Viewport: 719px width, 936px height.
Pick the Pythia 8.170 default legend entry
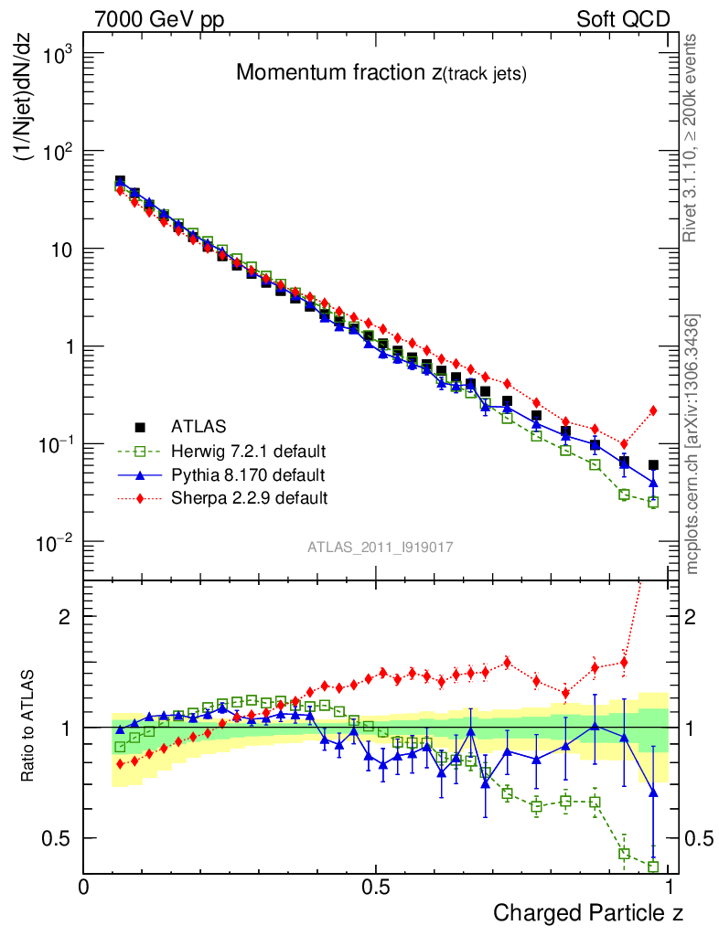pyautogui.click(x=248, y=474)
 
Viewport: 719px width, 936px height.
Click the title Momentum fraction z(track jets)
pyautogui.click(x=381, y=75)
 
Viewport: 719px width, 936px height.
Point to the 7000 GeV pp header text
pyautogui.click(x=159, y=19)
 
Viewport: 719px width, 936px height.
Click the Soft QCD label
pyautogui.click(x=623, y=19)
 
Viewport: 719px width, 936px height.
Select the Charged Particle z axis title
pyautogui.click(x=588, y=912)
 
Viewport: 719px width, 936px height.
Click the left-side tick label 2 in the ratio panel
pyautogui.click(x=64, y=616)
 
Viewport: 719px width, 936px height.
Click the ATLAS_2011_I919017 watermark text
pyautogui.click(x=381, y=547)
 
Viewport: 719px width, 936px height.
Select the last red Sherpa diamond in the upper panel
pyautogui.click(x=653, y=410)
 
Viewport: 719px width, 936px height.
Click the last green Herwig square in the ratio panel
pyautogui.click(x=653, y=867)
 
